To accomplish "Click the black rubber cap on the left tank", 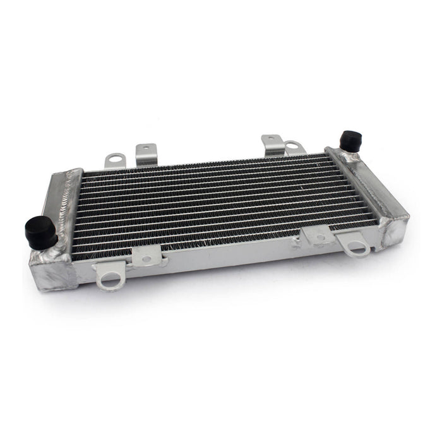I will pos(40,232).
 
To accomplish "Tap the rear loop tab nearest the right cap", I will pos(294,148).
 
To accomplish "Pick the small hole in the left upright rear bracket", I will pos(146,149).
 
